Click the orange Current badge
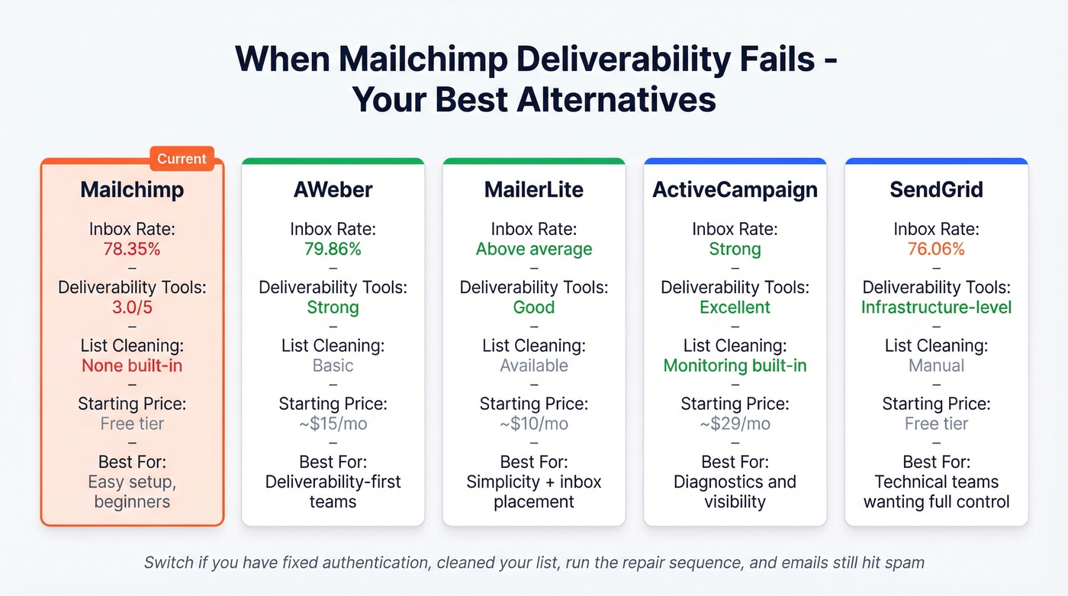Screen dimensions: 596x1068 click(182, 159)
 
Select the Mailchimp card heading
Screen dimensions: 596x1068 click(132, 190)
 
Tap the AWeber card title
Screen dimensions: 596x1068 click(333, 190)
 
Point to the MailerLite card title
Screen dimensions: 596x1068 click(534, 190)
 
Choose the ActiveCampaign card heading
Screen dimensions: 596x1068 click(735, 190)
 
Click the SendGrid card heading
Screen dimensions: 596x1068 click(936, 190)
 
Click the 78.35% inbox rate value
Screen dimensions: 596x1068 click(132, 249)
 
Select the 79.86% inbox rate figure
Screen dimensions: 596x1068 click(333, 249)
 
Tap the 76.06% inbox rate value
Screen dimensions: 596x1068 click(936, 249)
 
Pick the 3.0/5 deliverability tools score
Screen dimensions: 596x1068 click(132, 308)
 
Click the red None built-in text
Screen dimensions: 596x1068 click(132, 366)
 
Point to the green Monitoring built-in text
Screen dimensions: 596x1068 click(735, 366)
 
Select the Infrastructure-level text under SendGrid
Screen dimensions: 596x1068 click(936, 308)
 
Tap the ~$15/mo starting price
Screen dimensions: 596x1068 click(333, 424)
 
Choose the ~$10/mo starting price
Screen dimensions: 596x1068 click(534, 424)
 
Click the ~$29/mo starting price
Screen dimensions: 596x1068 click(735, 424)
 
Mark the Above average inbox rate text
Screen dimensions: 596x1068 click(534, 249)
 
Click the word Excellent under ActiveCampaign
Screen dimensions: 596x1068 click(735, 308)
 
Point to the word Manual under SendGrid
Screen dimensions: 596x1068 click(936, 366)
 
